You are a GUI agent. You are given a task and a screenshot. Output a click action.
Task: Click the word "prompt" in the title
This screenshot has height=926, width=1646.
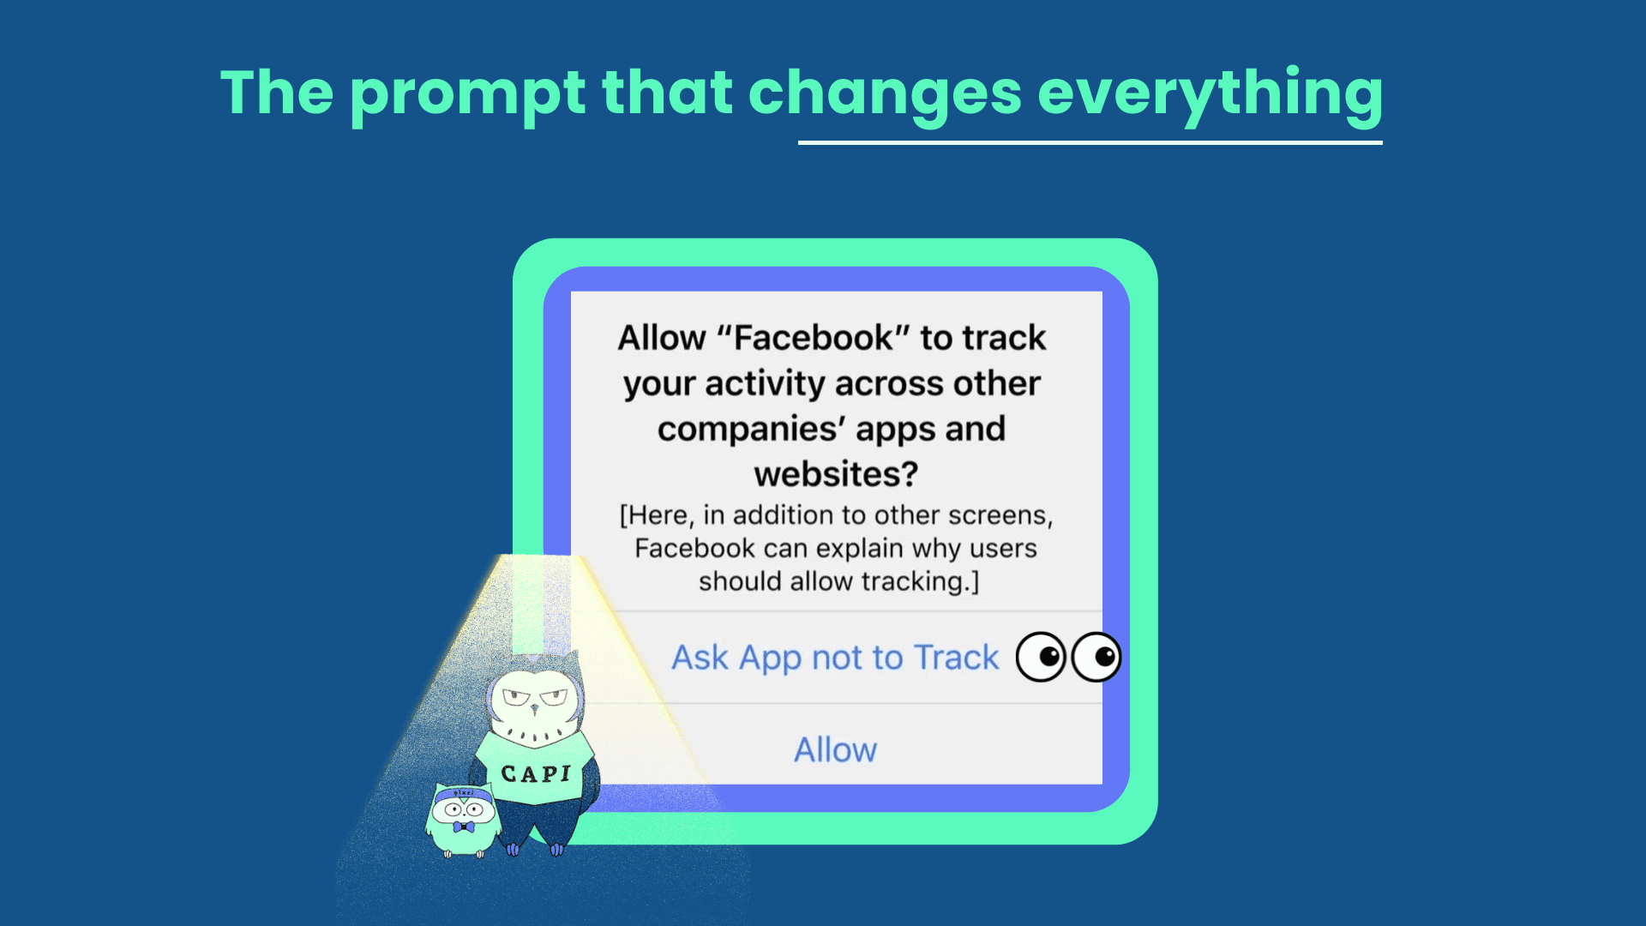pyautogui.click(x=467, y=96)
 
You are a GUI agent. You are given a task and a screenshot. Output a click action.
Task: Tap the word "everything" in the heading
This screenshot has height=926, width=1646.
pyautogui.click(x=1210, y=96)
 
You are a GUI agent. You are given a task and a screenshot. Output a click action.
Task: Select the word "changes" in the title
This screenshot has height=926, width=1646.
pyautogui.click(x=886, y=96)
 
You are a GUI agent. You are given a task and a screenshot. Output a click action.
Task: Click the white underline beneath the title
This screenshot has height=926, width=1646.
pyautogui.click(x=1090, y=142)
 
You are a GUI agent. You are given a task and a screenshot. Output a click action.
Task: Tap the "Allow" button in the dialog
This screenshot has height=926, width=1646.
pyautogui.click(x=836, y=750)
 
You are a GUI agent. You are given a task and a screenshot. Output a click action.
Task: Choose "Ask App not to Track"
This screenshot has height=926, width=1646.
pyautogui.click(x=835, y=658)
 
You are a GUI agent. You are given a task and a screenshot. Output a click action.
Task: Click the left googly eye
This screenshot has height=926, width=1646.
pyautogui.click(x=1041, y=658)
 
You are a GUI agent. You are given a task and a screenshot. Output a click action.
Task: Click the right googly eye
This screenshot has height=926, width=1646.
pyautogui.click(x=1096, y=658)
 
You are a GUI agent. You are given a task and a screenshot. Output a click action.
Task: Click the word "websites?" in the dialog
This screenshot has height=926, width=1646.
pyautogui.click(x=836, y=474)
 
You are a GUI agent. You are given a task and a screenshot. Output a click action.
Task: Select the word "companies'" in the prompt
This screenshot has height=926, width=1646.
pyautogui.click(x=752, y=429)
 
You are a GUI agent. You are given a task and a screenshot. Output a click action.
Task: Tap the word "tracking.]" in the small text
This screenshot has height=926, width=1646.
pyautogui.click(x=920, y=581)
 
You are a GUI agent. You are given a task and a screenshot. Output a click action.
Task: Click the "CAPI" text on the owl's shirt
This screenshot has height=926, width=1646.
pyautogui.click(x=536, y=774)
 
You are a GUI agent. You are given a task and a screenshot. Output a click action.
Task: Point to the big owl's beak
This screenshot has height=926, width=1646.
pyautogui.click(x=534, y=708)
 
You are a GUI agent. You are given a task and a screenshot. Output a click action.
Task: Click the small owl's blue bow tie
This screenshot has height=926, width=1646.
pyautogui.click(x=464, y=827)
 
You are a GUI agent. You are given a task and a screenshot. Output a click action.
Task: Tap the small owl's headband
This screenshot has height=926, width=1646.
pyautogui.click(x=464, y=794)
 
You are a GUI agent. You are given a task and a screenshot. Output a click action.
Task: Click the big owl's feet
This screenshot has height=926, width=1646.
pyautogui.click(x=534, y=850)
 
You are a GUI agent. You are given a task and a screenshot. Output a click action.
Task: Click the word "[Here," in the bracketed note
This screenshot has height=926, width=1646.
pyautogui.click(x=657, y=515)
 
